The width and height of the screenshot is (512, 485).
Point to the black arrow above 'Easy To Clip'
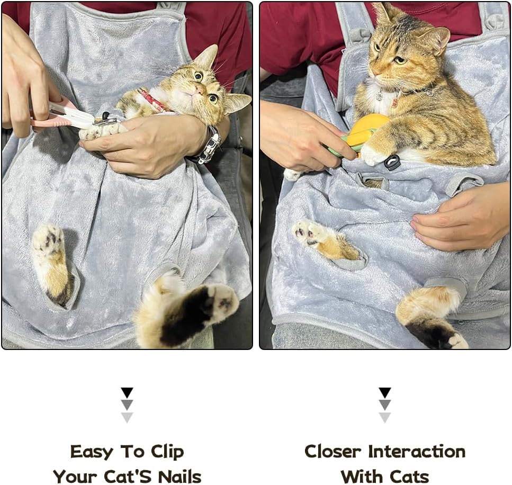[127, 392]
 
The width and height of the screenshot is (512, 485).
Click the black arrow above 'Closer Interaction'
[385, 392]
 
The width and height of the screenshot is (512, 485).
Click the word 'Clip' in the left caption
[167, 452]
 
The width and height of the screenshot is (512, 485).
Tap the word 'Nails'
[175, 476]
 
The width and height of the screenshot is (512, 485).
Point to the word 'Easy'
[91, 452]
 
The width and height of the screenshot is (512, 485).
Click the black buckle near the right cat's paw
[392, 163]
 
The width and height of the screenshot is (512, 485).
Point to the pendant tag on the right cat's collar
[395, 100]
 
